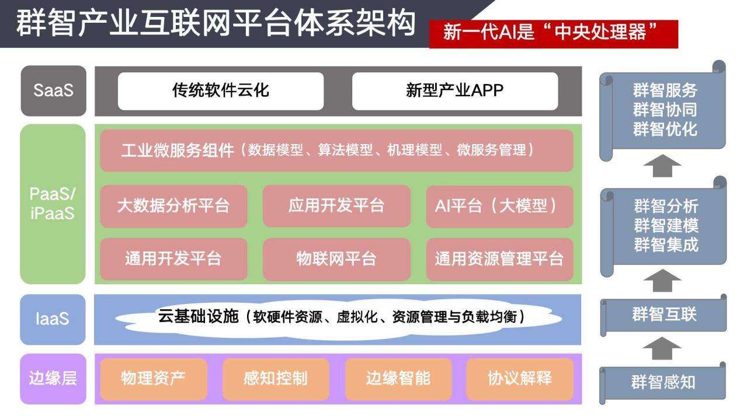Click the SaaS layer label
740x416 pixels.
(x=54, y=90)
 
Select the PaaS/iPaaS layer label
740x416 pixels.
(x=53, y=204)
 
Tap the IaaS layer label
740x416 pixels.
(x=53, y=319)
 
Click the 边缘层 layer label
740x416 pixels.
(x=53, y=379)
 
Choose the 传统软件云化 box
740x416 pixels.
(x=221, y=91)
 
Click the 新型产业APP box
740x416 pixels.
(x=455, y=91)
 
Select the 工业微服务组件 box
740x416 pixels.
(x=336, y=151)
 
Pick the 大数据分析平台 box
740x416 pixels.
(x=173, y=206)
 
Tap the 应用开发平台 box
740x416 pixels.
(x=336, y=206)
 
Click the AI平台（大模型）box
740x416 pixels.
(x=499, y=206)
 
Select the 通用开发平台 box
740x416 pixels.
(x=173, y=259)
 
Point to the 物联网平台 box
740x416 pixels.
(x=336, y=259)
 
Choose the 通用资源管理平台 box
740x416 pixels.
(x=499, y=259)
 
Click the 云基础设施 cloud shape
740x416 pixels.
(x=338, y=318)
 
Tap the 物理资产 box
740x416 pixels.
(x=154, y=379)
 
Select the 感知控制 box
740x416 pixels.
(x=276, y=379)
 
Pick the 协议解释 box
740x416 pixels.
(x=520, y=379)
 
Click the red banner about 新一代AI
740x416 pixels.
(x=553, y=34)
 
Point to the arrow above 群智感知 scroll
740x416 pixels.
(x=662, y=348)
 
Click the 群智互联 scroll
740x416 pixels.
(x=663, y=314)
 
